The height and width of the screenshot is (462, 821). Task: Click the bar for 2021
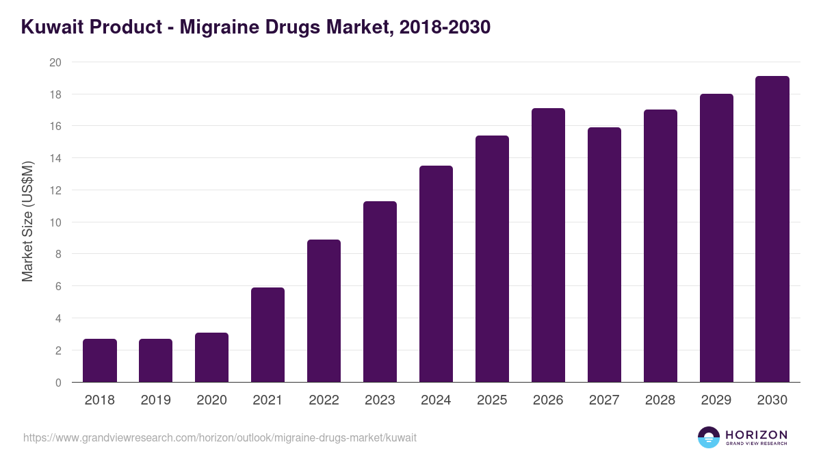[x=268, y=335]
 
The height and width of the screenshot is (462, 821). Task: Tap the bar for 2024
[x=436, y=274]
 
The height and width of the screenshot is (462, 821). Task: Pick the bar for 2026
[x=548, y=245]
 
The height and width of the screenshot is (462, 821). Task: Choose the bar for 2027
[x=604, y=255]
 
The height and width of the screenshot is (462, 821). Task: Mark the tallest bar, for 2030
[x=772, y=229]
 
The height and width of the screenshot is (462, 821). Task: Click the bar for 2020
[x=211, y=357]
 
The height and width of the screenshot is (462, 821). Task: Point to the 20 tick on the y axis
[x=55, y=62]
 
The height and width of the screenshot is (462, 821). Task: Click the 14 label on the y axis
[x=55, y=158]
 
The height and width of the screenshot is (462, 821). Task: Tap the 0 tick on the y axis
[x=58, y=383]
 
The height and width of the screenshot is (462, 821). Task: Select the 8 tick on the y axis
[x=58, y=254]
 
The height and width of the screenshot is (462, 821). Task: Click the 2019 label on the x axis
[x=155, y=400]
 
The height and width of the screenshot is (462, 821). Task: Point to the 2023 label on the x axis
[x=380, y=400]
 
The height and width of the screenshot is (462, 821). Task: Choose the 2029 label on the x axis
[x=716, y=400]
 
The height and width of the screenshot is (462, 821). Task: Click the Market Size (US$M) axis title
[x=27, y=221]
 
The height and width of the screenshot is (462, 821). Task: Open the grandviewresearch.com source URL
[x=220, y=437]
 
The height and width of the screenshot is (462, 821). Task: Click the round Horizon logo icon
[x=709, y=437]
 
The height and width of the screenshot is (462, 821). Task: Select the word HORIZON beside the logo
[x=756, y=434]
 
